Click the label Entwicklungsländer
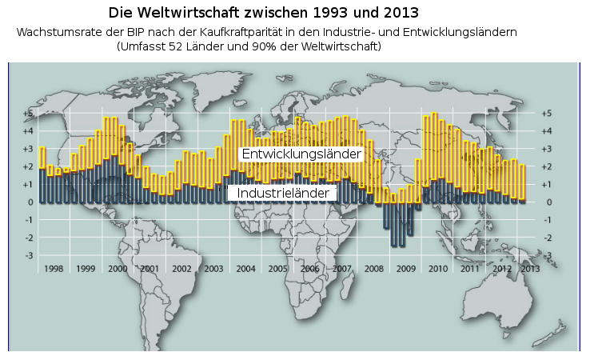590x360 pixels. coord(301,153)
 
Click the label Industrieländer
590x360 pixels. coord(282,194)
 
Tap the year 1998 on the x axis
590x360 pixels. coord(54,269)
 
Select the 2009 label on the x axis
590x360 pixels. coord(406,269)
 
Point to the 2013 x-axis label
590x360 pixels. coord(530,269)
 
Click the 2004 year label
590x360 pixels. coord(245,269)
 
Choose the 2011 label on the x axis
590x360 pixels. coord(470,269)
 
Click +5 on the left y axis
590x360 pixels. coord(29,114)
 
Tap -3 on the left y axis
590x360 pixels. coord(29,255)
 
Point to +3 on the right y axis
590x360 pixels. coord(547,150)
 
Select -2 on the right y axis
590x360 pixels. coord(547,238)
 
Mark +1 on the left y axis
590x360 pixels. coord(29,185)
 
